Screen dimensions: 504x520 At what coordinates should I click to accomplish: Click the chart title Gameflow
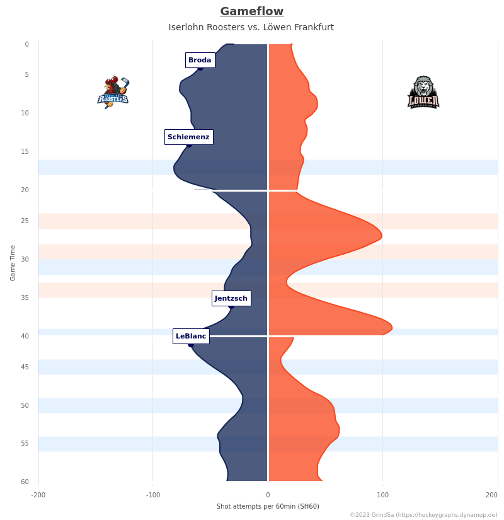[251, 11]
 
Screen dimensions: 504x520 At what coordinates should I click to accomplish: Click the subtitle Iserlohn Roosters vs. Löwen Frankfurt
[251, 27]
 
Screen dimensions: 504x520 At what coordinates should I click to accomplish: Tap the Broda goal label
[200, 60]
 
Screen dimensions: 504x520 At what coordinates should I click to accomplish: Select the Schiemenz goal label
[188, 137]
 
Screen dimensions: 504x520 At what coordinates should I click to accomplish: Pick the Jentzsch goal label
[231, 298]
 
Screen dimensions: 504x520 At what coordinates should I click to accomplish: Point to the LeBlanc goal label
[191, 336]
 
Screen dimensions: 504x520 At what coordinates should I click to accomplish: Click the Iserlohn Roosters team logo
[113, 92]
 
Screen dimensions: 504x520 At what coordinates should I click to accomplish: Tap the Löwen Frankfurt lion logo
[423, 92]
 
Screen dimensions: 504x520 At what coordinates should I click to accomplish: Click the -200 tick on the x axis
[38, 495]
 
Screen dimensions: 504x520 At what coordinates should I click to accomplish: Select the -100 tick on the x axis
[153, 495]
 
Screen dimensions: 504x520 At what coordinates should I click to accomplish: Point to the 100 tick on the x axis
[382, 495]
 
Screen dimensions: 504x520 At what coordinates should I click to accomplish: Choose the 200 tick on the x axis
[492, 495]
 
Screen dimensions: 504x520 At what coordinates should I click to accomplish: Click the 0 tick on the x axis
[268, 495]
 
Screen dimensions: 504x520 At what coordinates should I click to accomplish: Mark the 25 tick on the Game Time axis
[25, 221]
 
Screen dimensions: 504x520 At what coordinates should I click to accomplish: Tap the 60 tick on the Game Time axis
[25, 482]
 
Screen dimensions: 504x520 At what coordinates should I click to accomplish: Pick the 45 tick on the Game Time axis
[25, 367]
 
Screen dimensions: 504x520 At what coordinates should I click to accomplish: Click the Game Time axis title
[13, 263]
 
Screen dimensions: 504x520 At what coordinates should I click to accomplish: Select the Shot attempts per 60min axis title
[268, 506]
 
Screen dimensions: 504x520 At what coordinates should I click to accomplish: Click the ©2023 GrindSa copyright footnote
[423, 515]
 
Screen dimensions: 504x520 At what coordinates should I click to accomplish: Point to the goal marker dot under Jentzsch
[231, 306]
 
